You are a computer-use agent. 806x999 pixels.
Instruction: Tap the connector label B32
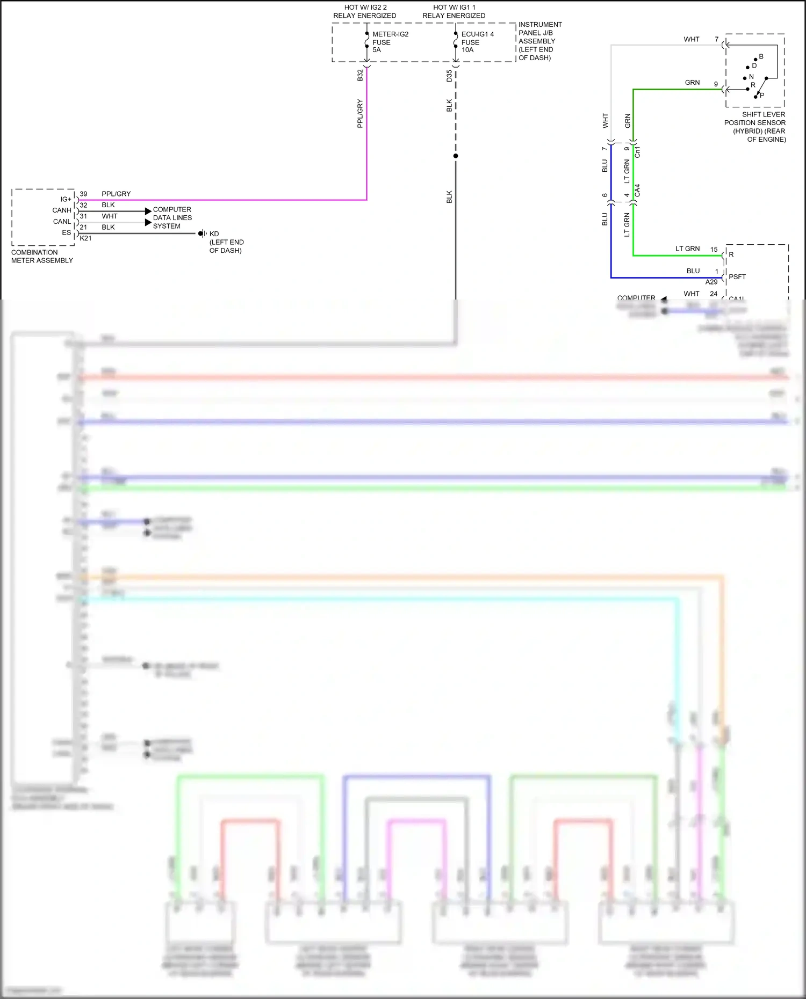point(360,75)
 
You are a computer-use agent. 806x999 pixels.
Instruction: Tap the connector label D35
point(449,76)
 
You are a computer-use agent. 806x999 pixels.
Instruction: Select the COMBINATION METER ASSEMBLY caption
point(42,256)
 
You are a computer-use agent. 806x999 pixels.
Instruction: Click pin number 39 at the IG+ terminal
point(83,194)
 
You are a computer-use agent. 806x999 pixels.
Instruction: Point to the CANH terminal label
point(62,210)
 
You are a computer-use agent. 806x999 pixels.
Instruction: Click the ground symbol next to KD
point(203,234)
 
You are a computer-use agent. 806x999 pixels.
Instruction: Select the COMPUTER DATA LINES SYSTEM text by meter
point(172,217)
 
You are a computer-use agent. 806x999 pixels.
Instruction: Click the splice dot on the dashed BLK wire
point(456,156)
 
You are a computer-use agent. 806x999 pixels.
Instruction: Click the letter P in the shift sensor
point(762,95)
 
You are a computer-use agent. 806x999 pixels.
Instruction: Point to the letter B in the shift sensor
point(761,56)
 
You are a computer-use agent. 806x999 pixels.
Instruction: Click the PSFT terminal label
point(737,276)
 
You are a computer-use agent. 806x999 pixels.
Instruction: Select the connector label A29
point(711,282)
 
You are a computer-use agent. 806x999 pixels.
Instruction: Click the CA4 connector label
point(637,190)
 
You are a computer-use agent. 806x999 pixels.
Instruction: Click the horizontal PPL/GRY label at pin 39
point(116,194)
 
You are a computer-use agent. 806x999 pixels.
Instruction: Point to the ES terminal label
point(66,232)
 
